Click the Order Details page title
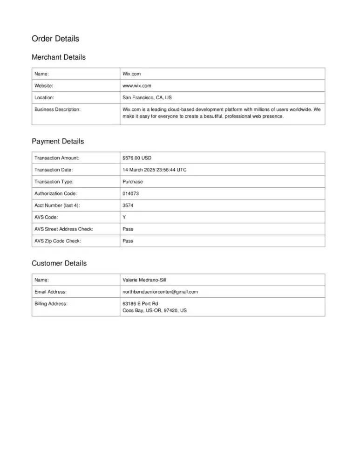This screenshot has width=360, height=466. point(55,38)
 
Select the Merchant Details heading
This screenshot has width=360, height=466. point(59,57)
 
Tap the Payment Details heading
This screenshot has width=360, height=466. point(58,141)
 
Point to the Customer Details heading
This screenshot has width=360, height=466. point(59,263)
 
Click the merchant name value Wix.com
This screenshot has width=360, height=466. point(131,74)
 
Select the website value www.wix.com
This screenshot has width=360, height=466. point(137,86)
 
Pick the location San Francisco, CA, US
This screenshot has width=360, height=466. point(147,98)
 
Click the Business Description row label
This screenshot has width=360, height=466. point(57,110)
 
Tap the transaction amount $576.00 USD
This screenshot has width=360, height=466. point(137,158)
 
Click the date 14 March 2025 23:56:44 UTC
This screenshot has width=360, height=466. point(155,170)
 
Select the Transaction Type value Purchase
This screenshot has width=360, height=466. point(133,182)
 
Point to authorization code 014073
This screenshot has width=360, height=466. point(131,193)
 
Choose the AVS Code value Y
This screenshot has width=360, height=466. point(124,217)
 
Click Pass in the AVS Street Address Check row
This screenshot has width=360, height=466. point(128,229)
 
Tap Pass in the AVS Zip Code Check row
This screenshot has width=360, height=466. point(128,241)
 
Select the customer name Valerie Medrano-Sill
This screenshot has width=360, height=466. point(144,280)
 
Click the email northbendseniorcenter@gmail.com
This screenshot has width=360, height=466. point(160,292)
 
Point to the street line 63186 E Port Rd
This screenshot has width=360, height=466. point(140,304)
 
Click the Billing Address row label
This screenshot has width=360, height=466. point(51,304)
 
